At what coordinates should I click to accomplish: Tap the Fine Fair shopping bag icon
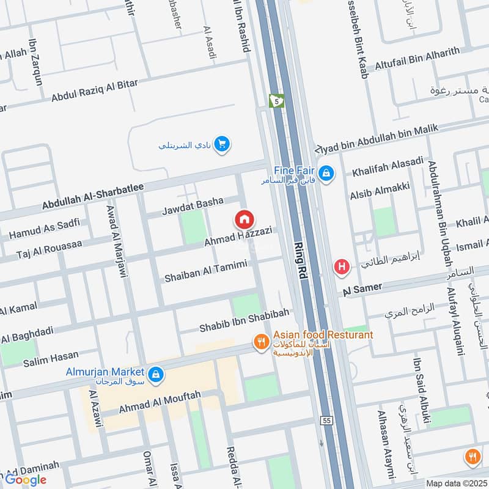click(x=328, y=173)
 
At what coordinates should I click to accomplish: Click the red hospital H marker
click(x=342, y=267)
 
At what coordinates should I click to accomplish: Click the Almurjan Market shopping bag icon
click(x=156, y=373)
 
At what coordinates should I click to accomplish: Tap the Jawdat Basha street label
click(x=192, y=207)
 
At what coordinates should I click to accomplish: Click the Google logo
click(x=26, y=479)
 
